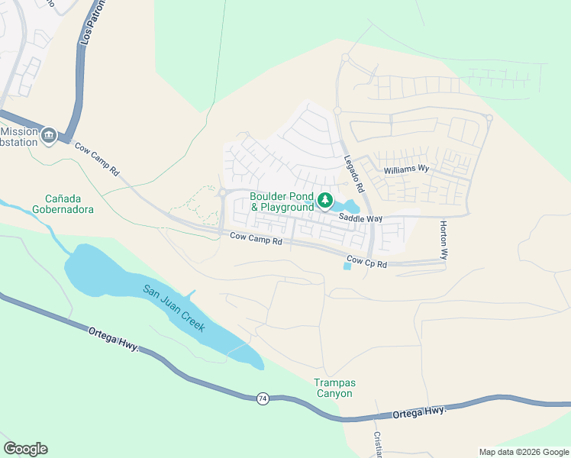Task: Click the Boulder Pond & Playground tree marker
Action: tap(326, 201)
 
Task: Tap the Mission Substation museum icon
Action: tap(50, 136)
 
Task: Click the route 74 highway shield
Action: tap(263, 399)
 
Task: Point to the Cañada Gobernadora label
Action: tap(63, 203)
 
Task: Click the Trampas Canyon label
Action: tap(334, 388)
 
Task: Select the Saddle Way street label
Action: tap(361, 218)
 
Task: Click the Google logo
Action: tap(25, 449)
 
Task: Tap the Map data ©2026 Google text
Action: tap(523, 452)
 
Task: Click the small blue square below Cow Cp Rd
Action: tap(347, 266)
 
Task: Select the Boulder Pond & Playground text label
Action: tap(282, 202)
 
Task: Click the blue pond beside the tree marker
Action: tap(350, 206)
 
